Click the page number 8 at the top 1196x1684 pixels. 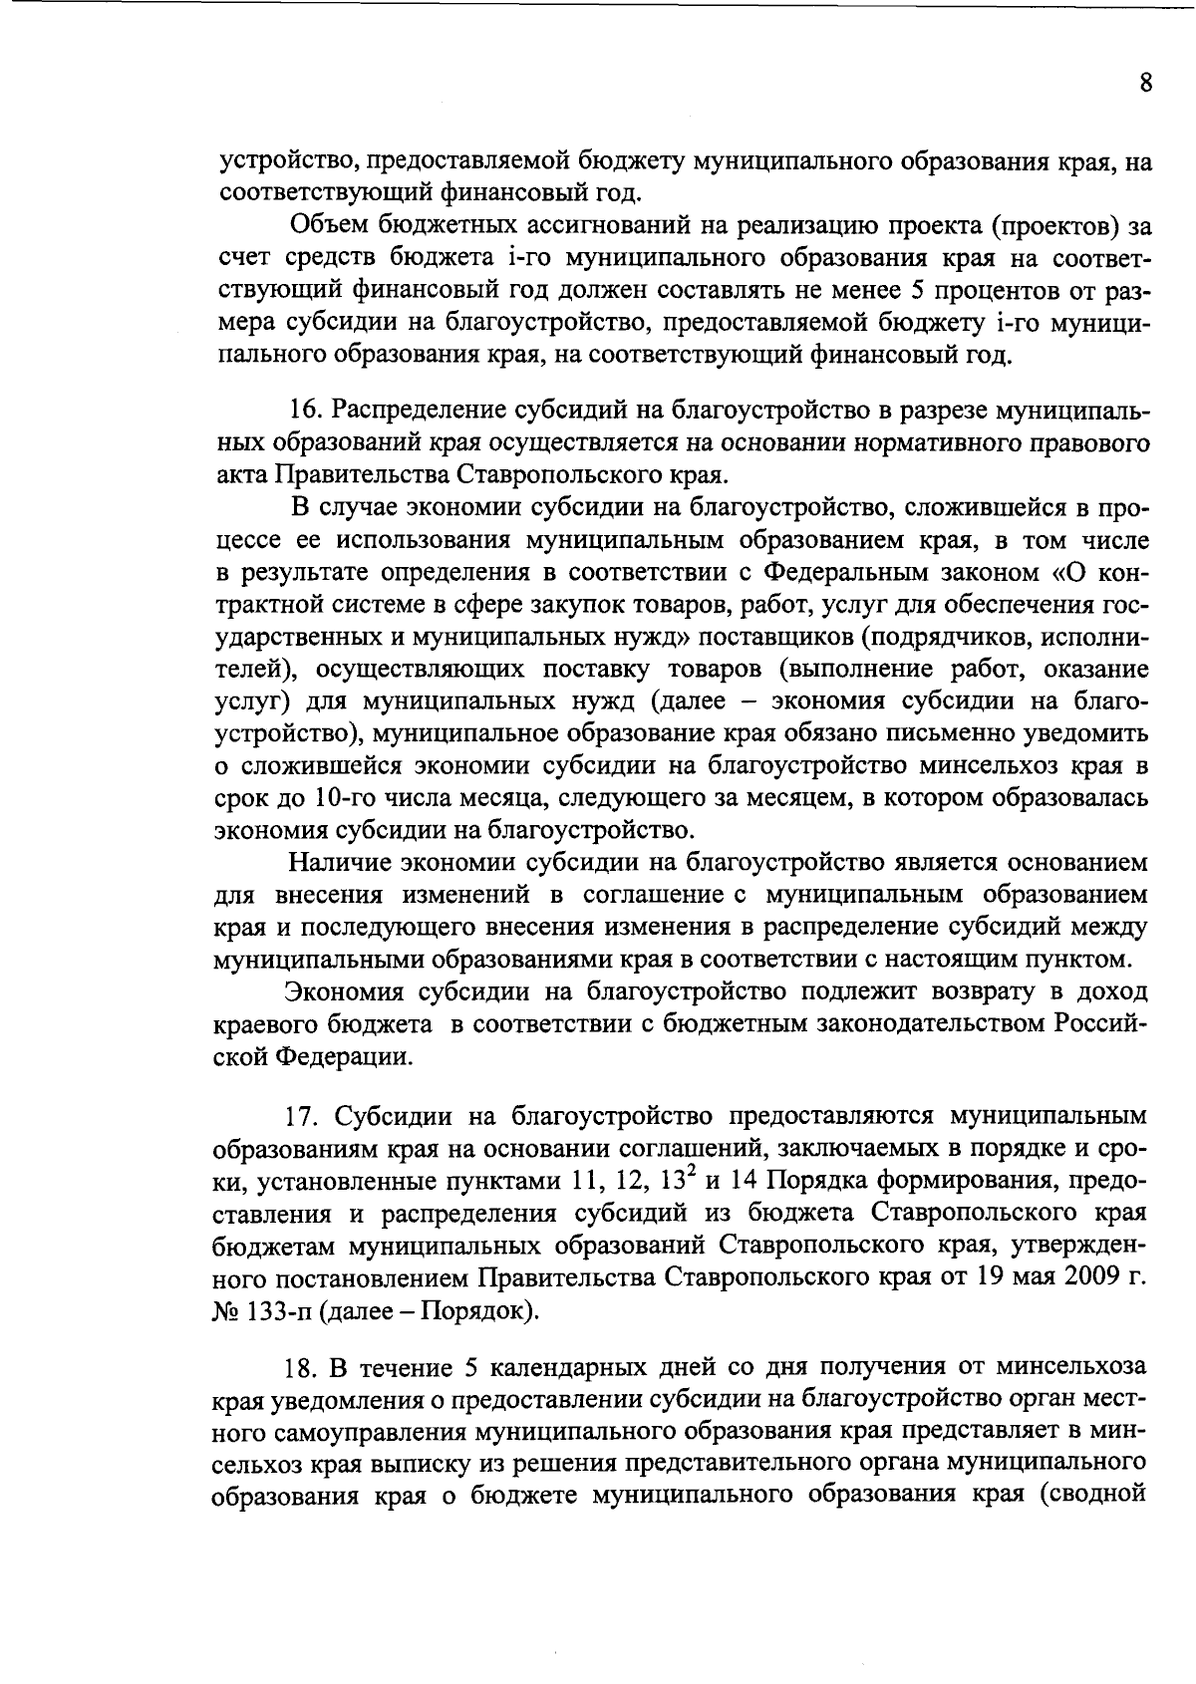point(1145,84)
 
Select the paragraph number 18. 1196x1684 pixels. point(301,1366)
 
